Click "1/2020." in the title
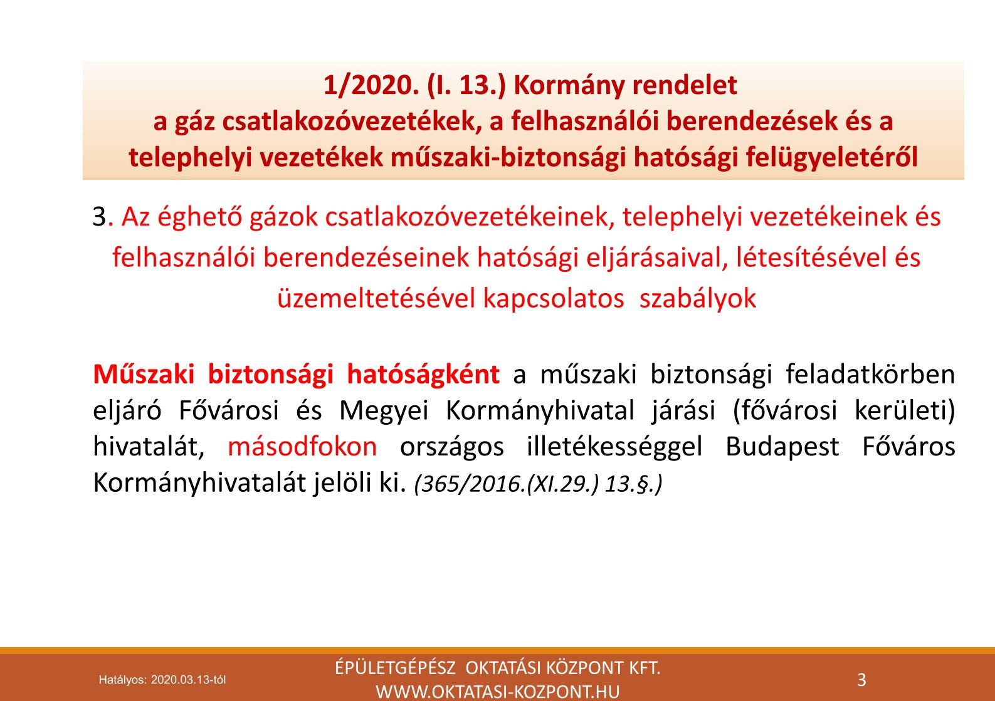[x=371, y=85]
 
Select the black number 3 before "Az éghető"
[x=100, y=217]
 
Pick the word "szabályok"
[x=697, y=299]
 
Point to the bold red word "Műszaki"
[x=144, y=374]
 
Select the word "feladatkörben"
[x=871, y=374]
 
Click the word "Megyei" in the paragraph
[x=384, y=411]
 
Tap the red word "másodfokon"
[x=302, y=447]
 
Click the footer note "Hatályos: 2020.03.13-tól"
[x=162, y=680]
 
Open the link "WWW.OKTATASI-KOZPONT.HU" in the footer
[x=498, y=692]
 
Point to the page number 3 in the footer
[x=861, y=680]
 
